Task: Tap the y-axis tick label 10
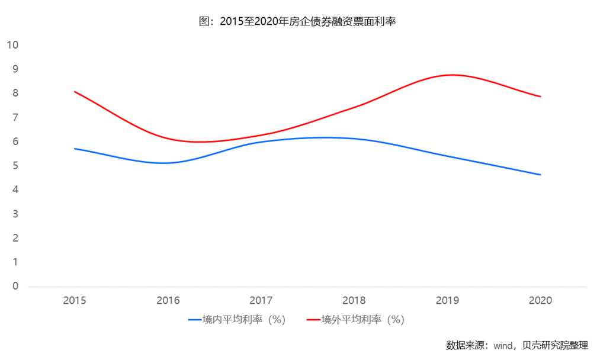[x=12, y=45]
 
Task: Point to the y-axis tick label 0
[x=15, y=286]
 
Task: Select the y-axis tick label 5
[x=15, y=166]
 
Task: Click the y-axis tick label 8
[x=15, y=94]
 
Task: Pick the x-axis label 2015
[x=75, y=300]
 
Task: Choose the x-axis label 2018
[x=354, y=300]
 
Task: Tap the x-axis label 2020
[x=540, y=300]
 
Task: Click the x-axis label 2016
[x=168, y=300]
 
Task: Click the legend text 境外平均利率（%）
[x=362, y=320]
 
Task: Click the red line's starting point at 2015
[x=75, y=92]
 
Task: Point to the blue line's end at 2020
[x=540, y=175]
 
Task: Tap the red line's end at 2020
[x=540, y=97]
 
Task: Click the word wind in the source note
[x=503, y=345]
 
